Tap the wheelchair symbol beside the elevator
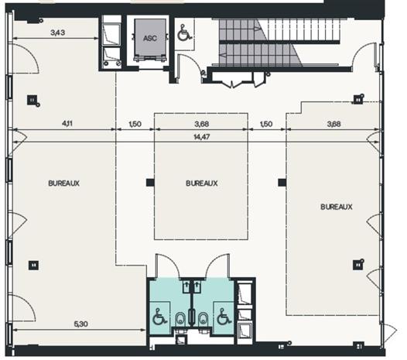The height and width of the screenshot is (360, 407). coord(184,33)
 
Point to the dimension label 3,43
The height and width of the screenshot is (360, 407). coord(58,33)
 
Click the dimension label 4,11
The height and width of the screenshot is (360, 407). coord(66,123)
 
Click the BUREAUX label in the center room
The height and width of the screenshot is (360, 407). coord(201,183)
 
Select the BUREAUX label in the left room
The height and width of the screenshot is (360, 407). coord(64,183)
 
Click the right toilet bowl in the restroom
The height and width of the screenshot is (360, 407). coord(202,318)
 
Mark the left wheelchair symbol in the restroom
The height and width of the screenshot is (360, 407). coord(160,317)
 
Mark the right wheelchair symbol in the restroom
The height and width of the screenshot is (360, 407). coord(222,317)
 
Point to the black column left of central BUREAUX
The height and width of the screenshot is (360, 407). coord(150,183)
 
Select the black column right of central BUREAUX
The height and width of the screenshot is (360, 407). coord(282,183)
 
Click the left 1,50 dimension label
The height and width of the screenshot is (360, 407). coord(135,123)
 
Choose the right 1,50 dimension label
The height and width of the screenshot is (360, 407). coord(267,123)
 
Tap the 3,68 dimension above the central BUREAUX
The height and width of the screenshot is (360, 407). coord(201,123)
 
